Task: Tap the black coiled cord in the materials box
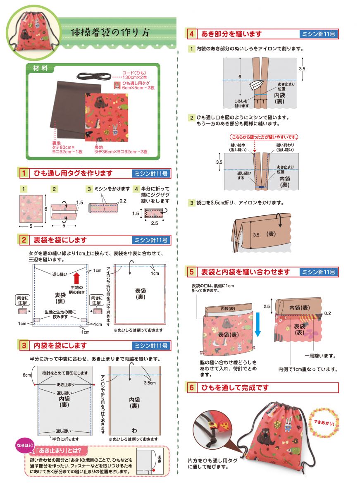[x=95, y=76]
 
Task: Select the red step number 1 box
[x=24, y=173]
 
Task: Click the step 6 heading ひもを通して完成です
[x=235, y=388]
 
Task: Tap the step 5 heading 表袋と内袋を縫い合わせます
[x=246, y=272]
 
